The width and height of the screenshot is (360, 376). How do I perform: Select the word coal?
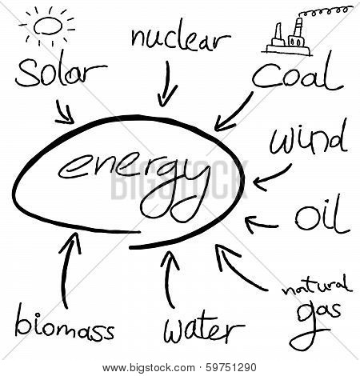point(298,74)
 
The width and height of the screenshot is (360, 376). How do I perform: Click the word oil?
point(322,214)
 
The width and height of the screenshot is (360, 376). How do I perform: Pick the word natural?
point(317,286)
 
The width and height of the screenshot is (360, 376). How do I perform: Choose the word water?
point(204,327)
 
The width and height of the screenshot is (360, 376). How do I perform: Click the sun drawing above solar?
point(47,26)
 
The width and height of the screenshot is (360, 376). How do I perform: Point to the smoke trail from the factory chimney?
point(324,11)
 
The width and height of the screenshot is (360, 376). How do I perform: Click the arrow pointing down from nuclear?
point(167,84)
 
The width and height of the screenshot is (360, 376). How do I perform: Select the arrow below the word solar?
point(65,112)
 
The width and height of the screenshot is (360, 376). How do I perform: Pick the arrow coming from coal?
point(234,112)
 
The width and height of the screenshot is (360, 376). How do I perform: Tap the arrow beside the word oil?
point(262,226)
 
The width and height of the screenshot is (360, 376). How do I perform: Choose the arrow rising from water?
point(167,280)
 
